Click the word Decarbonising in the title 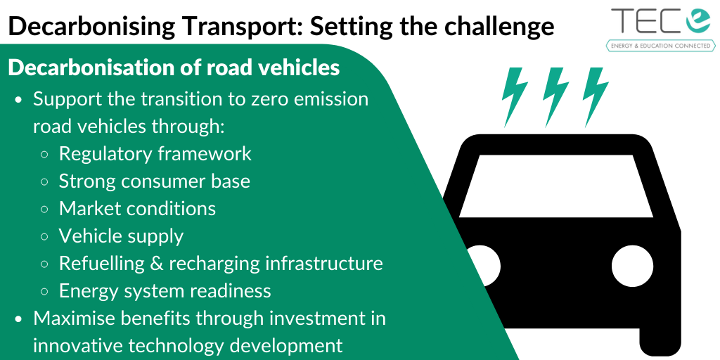[92, 27]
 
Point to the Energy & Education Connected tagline [661, 46]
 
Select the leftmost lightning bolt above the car [514, 97]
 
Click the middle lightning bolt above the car [555, 97]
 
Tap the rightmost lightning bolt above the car [595, 97]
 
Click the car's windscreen [556, 186]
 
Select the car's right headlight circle [632, 266]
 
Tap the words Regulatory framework [155, 154]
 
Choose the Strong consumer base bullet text [154, 181]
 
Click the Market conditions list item [137, 208]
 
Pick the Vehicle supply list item [121, 236]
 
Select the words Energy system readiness [165, 291]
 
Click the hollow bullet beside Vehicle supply [44, 237]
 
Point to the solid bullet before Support [18, 100]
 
